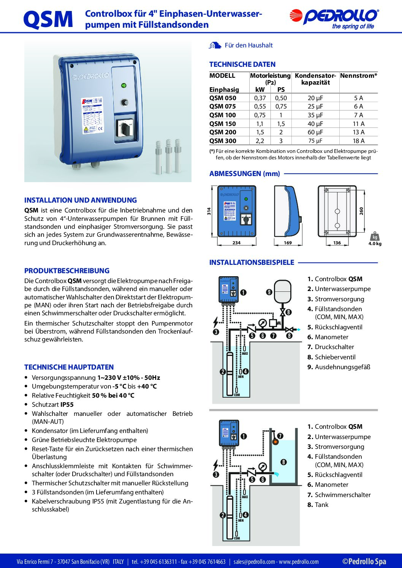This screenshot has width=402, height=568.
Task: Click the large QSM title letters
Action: pyautogui.click(x=48, y=19)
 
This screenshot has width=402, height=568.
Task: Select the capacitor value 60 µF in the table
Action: pyautogui.click(x=315, y=132)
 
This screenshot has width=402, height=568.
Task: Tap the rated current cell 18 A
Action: pyautogui.click(x=358, y=141)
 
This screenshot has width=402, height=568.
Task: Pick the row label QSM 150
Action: pyautogui.click(x=223, y=124)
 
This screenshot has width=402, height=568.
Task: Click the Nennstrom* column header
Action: pyautogui.click(x=358, y=76)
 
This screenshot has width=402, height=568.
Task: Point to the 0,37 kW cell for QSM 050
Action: pyautogui.click(x=260, y=98)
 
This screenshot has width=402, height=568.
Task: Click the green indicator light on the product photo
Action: pyautogui.click(x=124, y=85)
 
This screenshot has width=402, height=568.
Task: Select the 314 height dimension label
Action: pyautogui.click(x=209, y=211)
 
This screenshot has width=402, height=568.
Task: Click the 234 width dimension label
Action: pyautogui.click(x=236, y=243)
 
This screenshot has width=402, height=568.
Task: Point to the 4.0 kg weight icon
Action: pyautogui.click(x=375, y=238)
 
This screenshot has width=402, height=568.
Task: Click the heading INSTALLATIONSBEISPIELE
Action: pyautogui.click(x=252, y=263)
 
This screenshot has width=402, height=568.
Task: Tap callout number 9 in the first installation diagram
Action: pyautogui.click(x=269, y=292)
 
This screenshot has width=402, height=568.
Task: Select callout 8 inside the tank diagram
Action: pyautogui.click(x=283, y=462)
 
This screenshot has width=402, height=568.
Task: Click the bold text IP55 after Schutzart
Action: pyautogui.click(x=67, y=404)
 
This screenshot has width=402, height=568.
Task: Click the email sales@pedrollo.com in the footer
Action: pyautogui.click(x=254, y=562)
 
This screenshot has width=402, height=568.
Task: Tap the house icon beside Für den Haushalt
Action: pyautogui.click(x=215, y=46)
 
